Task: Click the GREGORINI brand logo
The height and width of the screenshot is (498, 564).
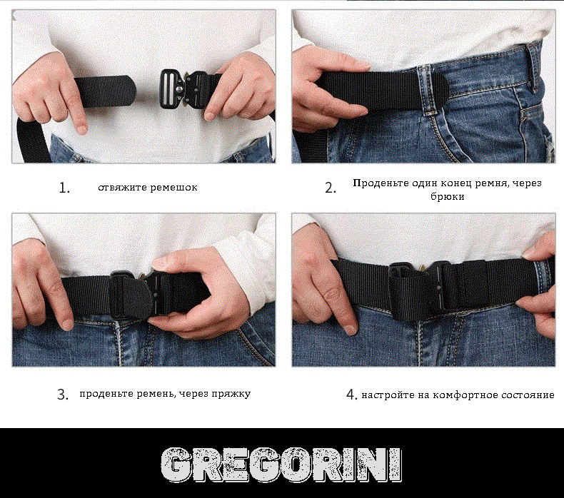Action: tap(281, 464)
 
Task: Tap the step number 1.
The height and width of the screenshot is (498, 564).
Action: tap(64, 188)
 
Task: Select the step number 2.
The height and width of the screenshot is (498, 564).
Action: tap(331, 188)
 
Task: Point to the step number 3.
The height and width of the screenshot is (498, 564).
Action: tap(63, 395)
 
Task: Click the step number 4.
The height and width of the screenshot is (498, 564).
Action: tap(351, 395)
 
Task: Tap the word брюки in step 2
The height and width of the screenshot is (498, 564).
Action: tap(448, 197)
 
